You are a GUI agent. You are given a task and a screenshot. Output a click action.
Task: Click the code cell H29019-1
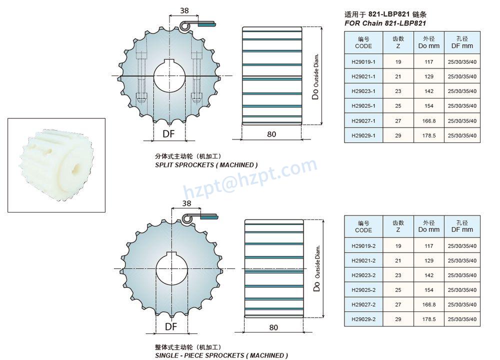point(363,62)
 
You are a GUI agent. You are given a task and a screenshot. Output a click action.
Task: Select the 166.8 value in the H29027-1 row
point(429,121)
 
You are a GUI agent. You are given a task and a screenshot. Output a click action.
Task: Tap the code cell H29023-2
point(363,275)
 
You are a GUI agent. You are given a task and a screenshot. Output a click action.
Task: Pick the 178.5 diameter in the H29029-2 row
point(429,319)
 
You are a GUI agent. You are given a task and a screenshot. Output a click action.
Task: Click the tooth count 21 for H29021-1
point(398,76)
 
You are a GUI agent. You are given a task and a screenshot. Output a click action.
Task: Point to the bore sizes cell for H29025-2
point(462,290)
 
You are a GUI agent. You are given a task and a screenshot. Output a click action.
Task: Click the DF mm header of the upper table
point(462,42)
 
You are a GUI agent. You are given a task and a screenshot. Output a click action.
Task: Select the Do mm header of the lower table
point(429,226)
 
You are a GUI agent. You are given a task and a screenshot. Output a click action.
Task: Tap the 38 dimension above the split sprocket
point(184,10)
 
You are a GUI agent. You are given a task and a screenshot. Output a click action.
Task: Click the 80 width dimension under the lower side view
point(273,327)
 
